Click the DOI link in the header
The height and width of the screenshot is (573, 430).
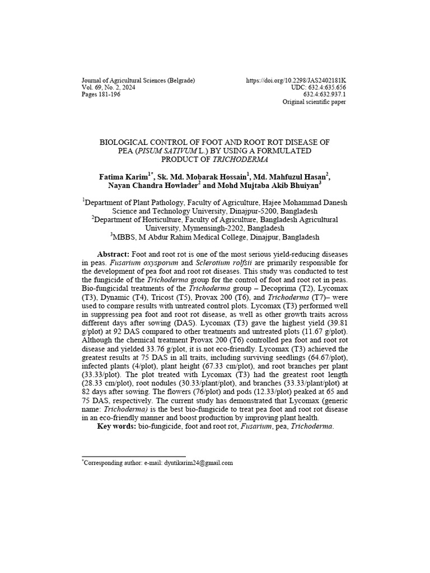coord(296,81)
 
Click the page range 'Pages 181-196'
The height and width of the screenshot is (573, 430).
coord(101,95)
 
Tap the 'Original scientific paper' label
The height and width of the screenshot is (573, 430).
coord(314,102)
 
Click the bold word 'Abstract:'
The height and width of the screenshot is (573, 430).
coord(113,253)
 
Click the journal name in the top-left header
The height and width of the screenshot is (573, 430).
coord(138,81)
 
